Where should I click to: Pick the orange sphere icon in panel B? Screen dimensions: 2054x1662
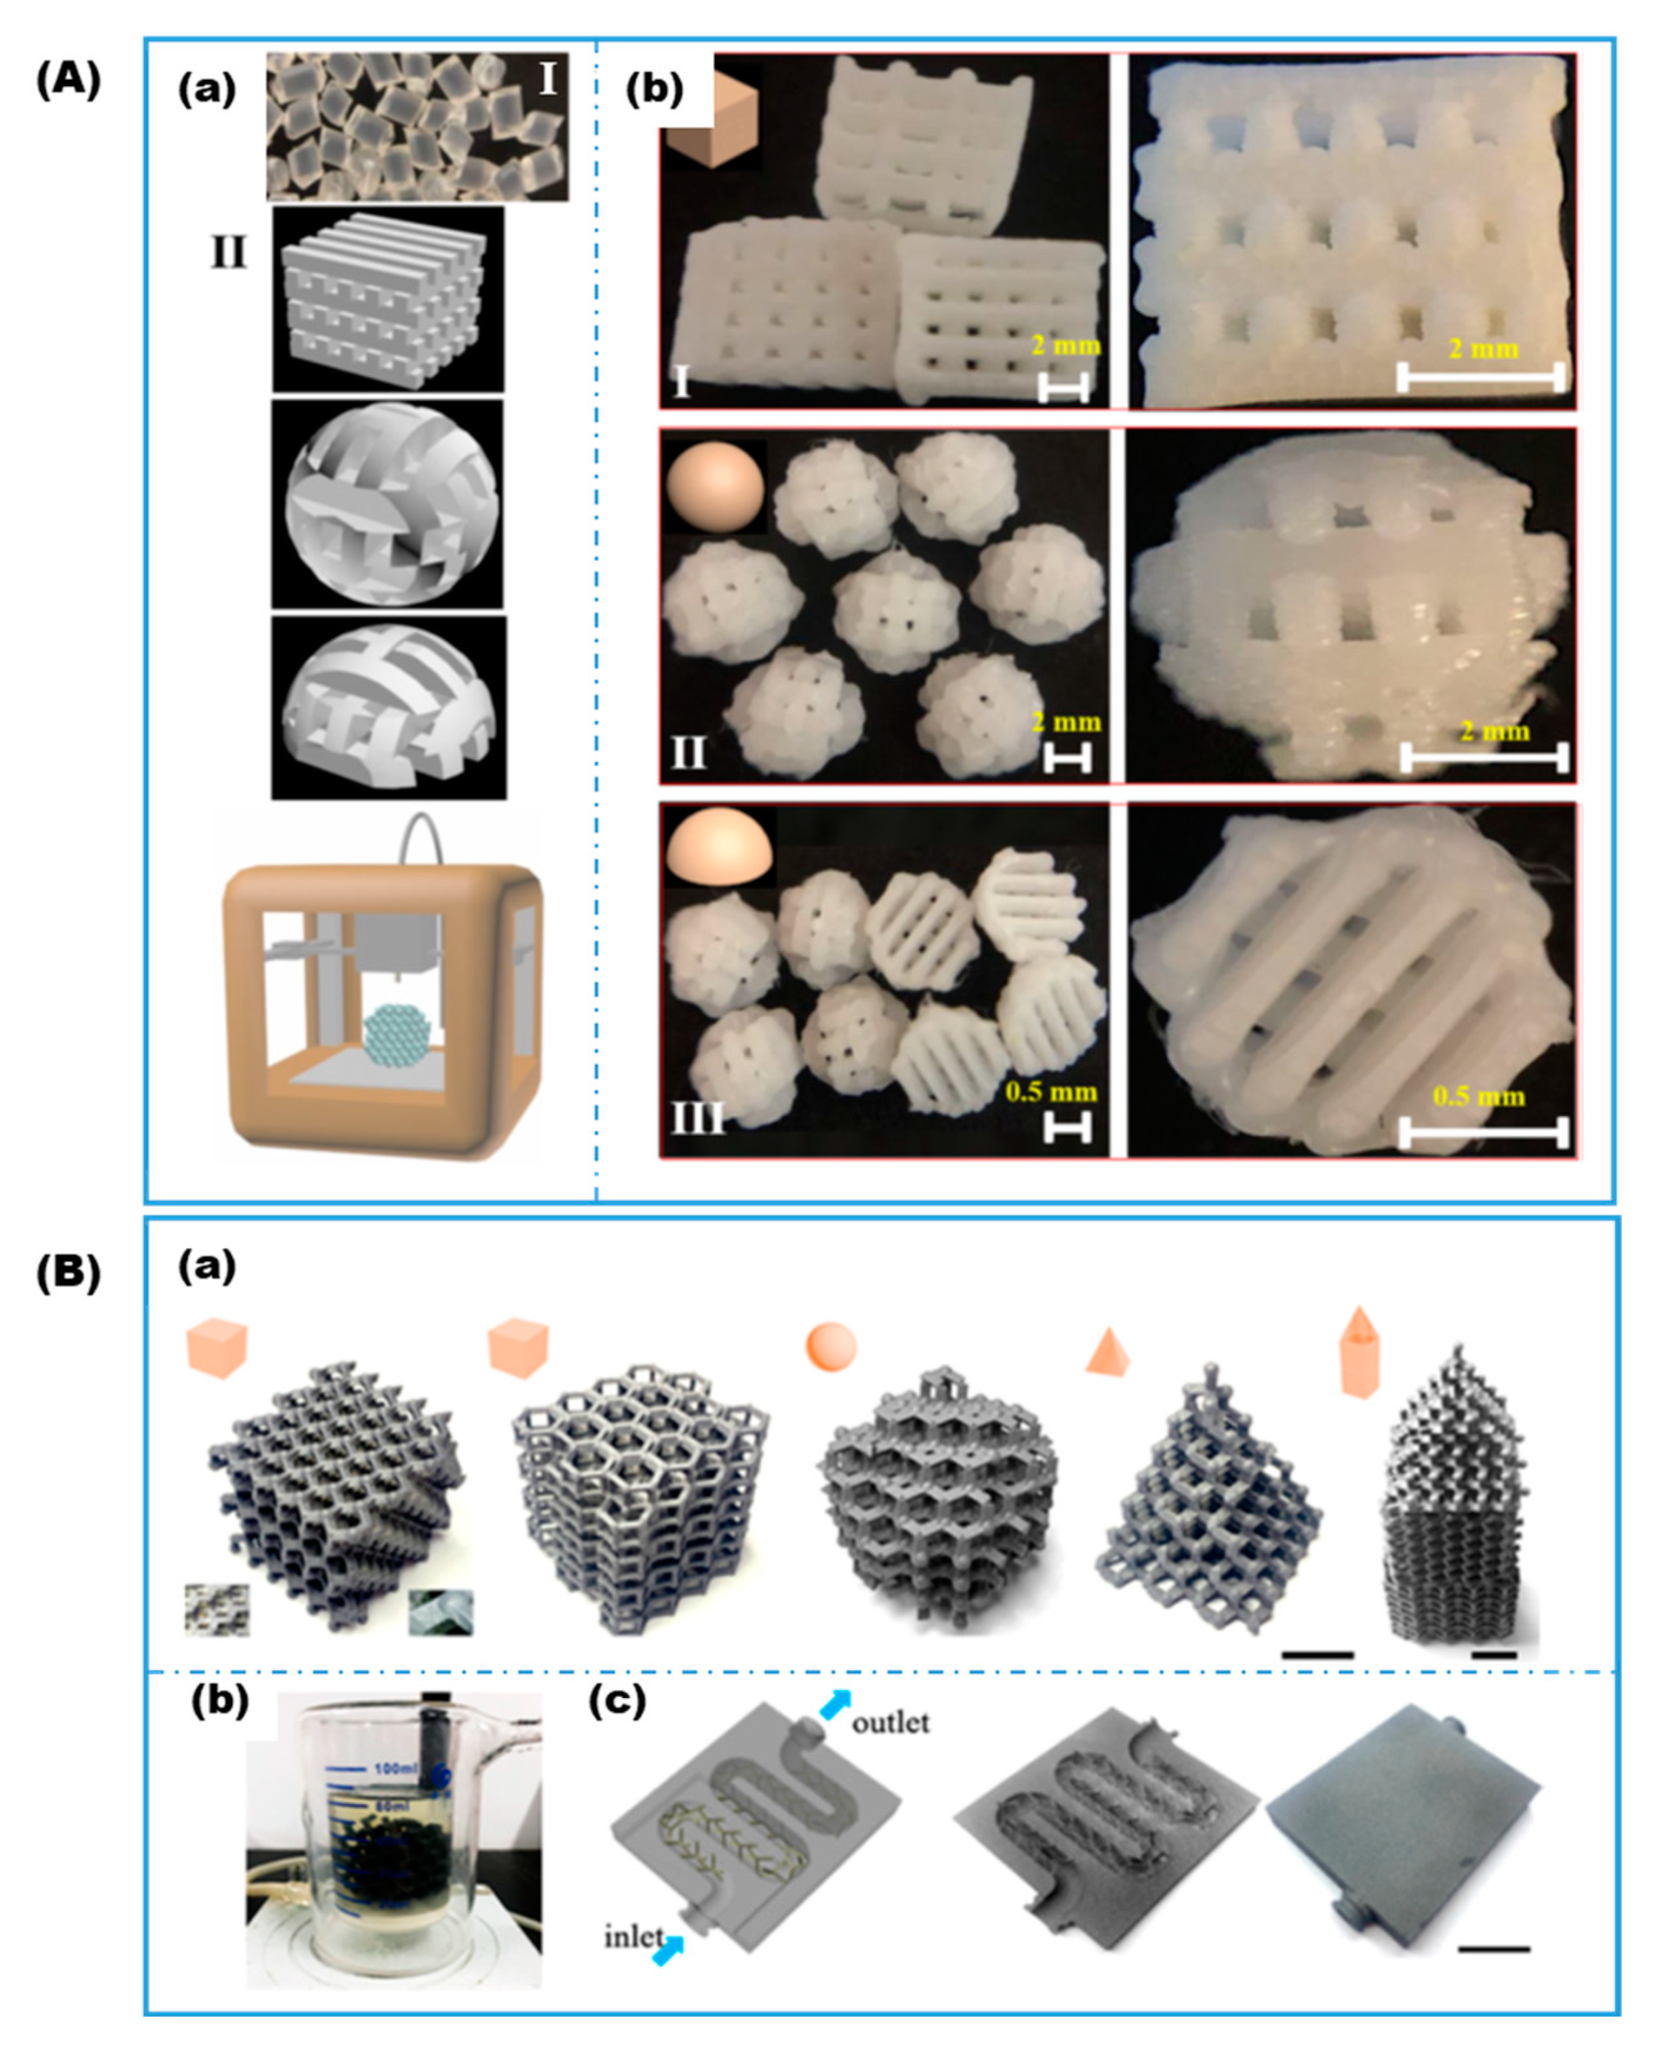click(x=831, y=1347)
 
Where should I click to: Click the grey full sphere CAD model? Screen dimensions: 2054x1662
click(x=387, y=504)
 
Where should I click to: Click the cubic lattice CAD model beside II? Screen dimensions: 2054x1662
click(x=387, y=299)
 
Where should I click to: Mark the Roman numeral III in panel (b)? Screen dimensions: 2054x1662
click(x=695, y=1117)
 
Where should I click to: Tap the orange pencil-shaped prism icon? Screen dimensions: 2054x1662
click(x=1360, y=1352)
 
